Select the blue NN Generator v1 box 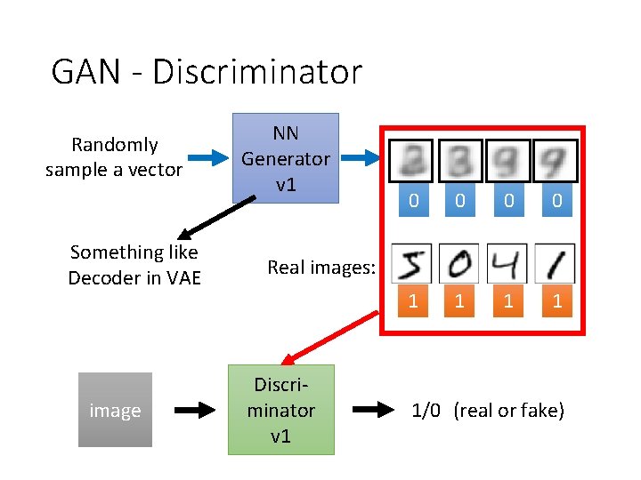pos(285,158)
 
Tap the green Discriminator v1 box pos(281,410)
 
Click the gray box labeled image pos(115,410)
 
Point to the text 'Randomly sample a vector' pos(114,157)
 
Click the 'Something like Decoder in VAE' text pos(134,265)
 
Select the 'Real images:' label pos(321,268)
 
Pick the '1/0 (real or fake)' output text pos(487,411)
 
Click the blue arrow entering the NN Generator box pos(209,158)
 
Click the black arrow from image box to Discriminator pos(191,411)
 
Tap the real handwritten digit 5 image pos(412,264)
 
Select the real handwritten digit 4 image pos(508,264)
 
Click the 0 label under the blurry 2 pos(413,202)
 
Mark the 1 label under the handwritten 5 pos(413,301)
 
